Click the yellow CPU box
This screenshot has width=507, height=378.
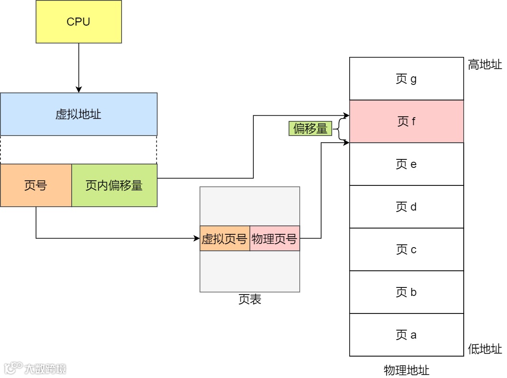pyautogui.click(x=78, y=22)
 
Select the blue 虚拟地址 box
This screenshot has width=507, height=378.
pyautogui.click(x=78, y=114)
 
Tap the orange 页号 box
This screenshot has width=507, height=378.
pyautogui.click(x=36, y=185)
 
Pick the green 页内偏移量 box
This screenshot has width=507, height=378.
pyautogui.click(x=114, y=185)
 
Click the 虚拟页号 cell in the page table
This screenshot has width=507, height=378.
pyautogui.click(x=225, y=239)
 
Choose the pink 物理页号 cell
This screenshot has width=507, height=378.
pyautogui.click(x=275, y=239)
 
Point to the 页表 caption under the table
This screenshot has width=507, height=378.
pyautogui.click(x=249, y=300)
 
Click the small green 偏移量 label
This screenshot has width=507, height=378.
pyautogui.click(x=310, y=129)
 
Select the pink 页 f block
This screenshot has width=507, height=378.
pyautogui.click(x=406, y=121)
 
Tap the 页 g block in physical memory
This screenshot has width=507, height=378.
pyautogui.click(x=406, y=79)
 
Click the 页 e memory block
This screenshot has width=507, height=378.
pyautogui.click(x=406, y=164)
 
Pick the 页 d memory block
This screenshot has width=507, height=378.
pyautogui.click(x=406, y=207)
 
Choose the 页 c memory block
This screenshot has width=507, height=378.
pyautogui.click(x=406, y=249)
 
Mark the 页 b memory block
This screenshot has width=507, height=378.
pyautogui.click(x=406, y=292)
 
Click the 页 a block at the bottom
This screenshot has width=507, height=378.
pyautogui.click(x=406, y=335)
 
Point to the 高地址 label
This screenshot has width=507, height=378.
pyautogui.click(x=485, y=65)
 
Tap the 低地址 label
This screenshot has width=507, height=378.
pyautogui.click(x=485, y=350)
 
